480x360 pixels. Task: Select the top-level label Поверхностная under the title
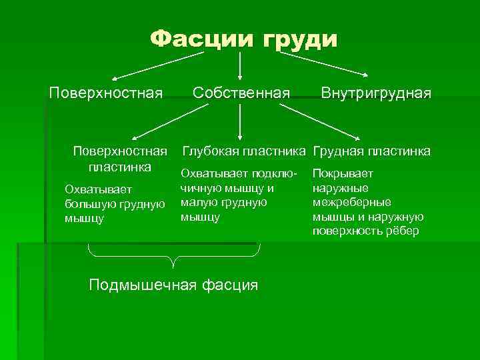[106, 92]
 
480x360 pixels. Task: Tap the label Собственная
[241, 92]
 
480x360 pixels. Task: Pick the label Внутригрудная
[376, 92]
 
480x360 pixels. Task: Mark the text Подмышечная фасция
[173, 285]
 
